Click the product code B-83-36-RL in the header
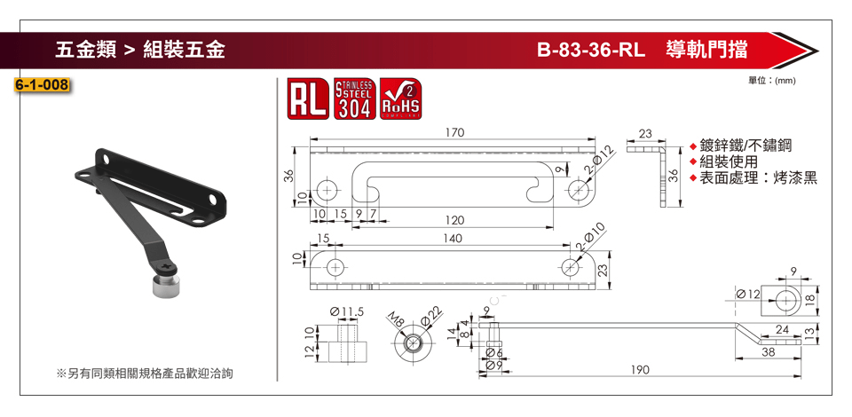point(590,50)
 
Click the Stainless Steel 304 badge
point(353,99)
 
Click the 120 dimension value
point(454,219)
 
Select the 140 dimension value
point(454,239)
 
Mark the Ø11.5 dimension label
point(347,311)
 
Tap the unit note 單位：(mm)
point(771,81)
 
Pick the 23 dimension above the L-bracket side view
point(644,133)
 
